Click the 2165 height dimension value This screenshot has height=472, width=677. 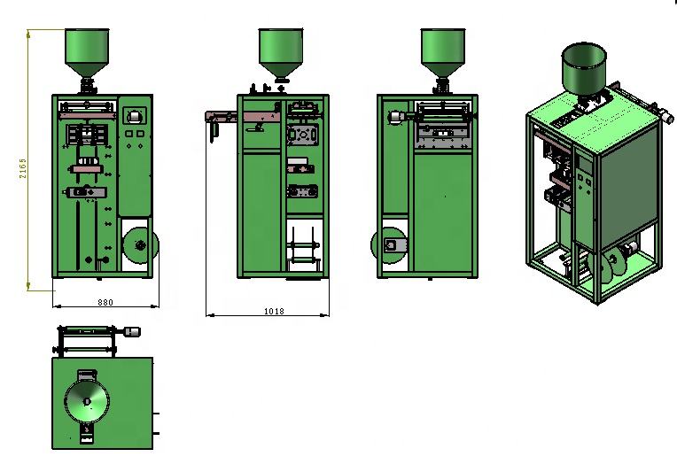click(x=23, y=168)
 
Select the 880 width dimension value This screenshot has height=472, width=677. click(x=105, y=303)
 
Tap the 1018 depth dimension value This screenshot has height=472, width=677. click(x=274, y=311)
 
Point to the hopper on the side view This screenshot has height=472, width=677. click(x=281, y=53)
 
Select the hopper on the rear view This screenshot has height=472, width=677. click(x=443, y=53)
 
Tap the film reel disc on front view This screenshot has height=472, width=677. click(x=141, y=245)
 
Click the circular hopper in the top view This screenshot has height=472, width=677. click(x=87, y=402)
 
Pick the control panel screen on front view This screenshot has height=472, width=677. click(x=135, y=116)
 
